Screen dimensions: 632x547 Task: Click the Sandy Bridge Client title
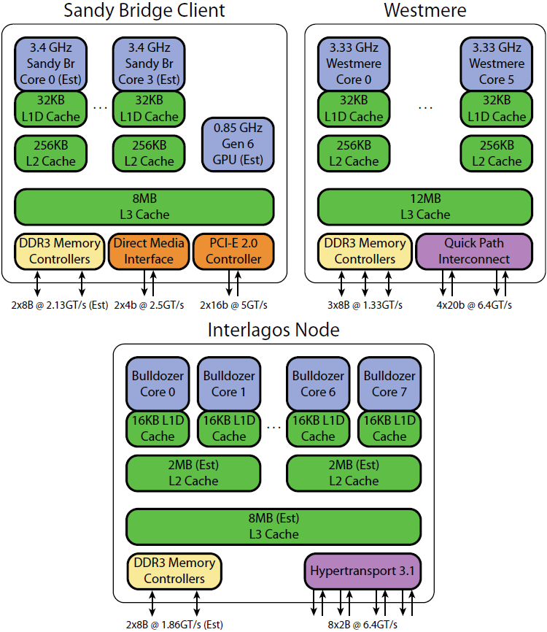pyautogui.click(x=144, y=11)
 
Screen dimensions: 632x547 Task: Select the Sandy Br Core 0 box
pyautogui.click(x=50, y=63)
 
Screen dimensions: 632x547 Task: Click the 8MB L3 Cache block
pyautogui.click(x=144, y=207)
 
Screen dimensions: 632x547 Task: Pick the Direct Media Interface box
pyautogui.click(x=149, y=251)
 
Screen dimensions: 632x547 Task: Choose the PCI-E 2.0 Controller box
pyautogui.click(x=233, y=251)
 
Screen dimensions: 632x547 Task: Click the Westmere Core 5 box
pyautogui.click(x=497, y=63)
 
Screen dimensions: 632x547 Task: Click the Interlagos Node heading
pyautogui.click(x=273, y=330)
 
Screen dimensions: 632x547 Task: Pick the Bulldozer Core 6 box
pyautogui.click(x=318, y=384)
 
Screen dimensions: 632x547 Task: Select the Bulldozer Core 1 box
pyautogui.click(x=229, y=384)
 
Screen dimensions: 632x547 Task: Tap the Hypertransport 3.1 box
pyautogui.click(x=362, y=571)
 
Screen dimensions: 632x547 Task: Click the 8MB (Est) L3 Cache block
pyautogui.click(x=273, y=526)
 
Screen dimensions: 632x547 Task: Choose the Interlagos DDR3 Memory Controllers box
pyautogui.click(x=174, y=571)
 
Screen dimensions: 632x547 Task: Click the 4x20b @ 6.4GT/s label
pyautogui.click(x=473, y=304)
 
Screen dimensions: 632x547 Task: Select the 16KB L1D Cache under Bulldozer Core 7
pyautogui.click(x=389, y=428)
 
